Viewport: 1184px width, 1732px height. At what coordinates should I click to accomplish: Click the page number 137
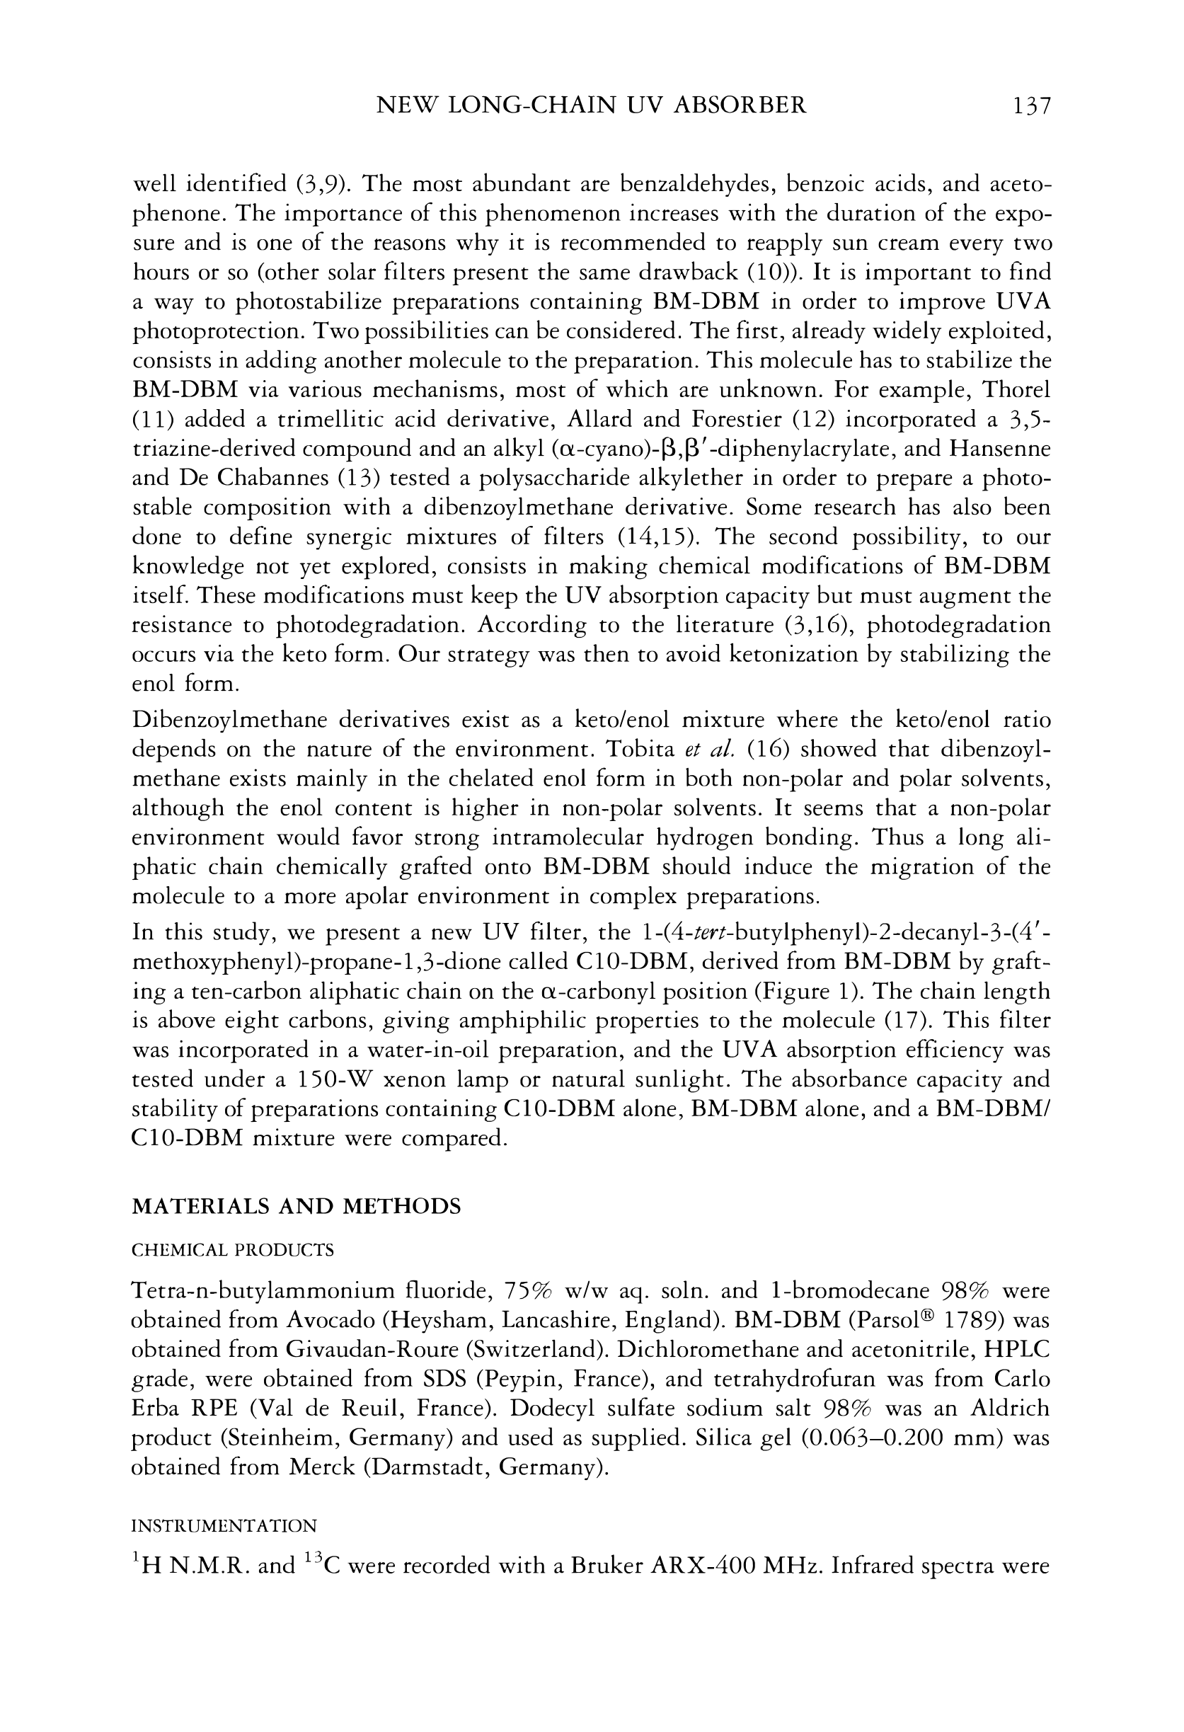pos(1030,106)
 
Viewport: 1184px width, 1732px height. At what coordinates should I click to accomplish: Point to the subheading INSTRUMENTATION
pos(224,1525)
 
